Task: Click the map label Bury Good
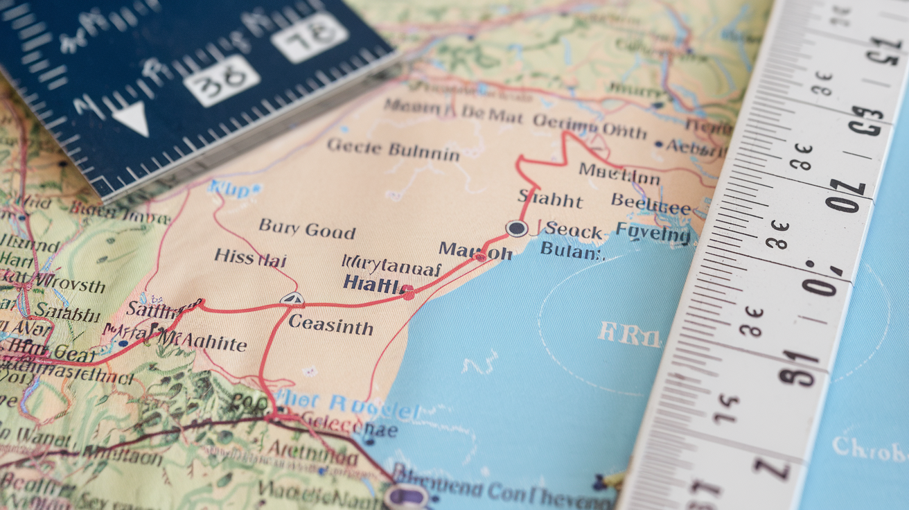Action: coord(307,229)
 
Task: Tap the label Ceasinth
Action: coord(330,324)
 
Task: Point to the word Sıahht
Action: coord(550,200)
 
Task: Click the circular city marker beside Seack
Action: coord(516,229)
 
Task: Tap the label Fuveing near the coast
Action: coord(653,232)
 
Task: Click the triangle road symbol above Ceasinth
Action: coord(292,299)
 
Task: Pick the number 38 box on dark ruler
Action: coord(222,82)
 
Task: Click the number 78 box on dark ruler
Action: coord(310,36)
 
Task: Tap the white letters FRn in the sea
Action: coord(629,335)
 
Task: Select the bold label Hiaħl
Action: coord(371,283)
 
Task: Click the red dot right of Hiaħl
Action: coord(408,293)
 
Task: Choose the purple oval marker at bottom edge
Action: coord(407,496)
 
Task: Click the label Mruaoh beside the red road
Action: coord(475,250)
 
